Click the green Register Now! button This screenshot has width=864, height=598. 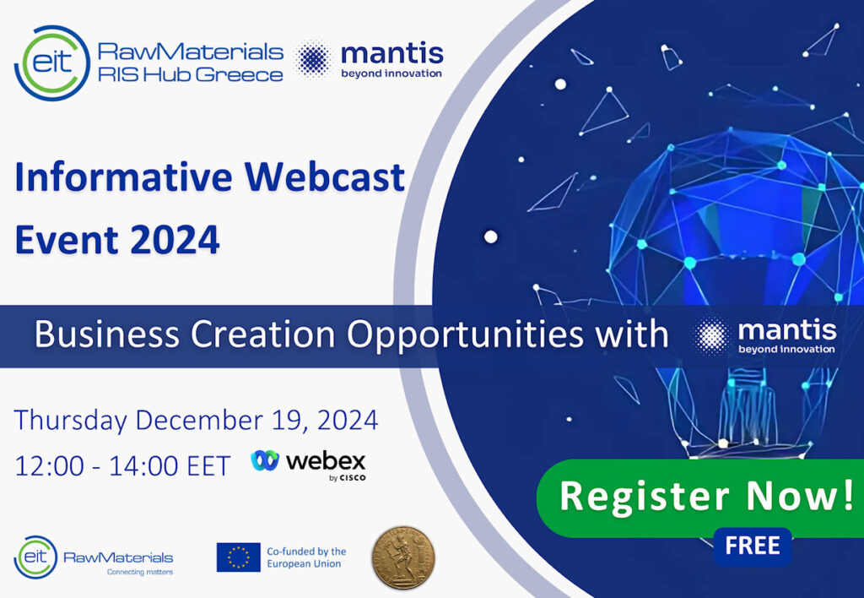[699, 497]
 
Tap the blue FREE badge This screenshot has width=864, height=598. [752, 546]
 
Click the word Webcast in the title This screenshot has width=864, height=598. [325, 177]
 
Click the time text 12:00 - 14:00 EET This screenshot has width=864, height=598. [122, 467]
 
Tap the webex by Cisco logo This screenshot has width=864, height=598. [309, 465]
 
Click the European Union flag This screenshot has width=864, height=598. [238, 557]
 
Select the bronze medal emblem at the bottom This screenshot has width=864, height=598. [402, 557]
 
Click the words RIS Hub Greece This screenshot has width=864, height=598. [191, 74]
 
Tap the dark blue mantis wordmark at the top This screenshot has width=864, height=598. [392, 55]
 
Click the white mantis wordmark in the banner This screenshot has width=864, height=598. [787, 330]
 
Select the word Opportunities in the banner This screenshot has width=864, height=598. [465, 335]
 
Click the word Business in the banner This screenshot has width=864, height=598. [107, 334]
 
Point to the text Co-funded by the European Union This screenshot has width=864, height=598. [306, 557]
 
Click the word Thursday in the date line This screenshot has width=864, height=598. [71, 421]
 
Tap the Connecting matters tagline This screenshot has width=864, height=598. [140, 572]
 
